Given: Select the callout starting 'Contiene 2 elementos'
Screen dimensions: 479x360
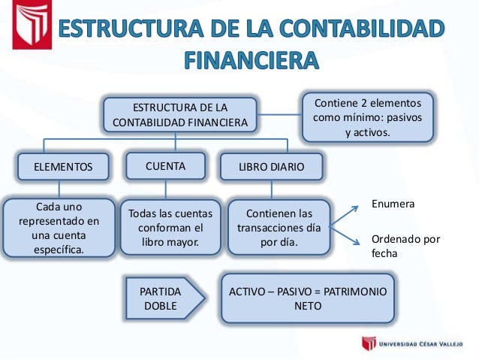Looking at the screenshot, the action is (367, 117).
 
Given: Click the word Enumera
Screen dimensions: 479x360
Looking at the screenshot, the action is (393, 204).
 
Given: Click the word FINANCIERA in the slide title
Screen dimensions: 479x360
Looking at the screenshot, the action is (251, 59).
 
